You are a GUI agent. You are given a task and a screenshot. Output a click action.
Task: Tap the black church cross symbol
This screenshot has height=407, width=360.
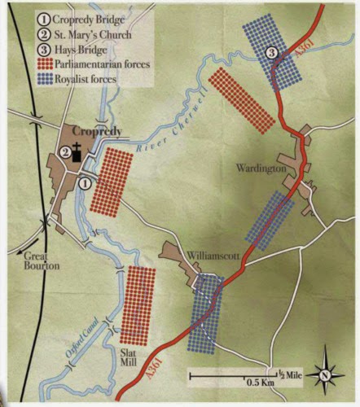(76, 151)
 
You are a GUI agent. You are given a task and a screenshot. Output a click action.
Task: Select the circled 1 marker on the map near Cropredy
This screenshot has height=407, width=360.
(84, 182)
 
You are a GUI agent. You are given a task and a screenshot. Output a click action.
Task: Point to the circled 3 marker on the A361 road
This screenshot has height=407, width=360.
(274, 53)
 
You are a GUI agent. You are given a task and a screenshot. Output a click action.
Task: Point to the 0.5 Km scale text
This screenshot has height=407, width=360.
(259, 382)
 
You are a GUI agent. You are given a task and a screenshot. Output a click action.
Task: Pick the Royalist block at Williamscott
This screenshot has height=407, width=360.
(204, 313)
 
